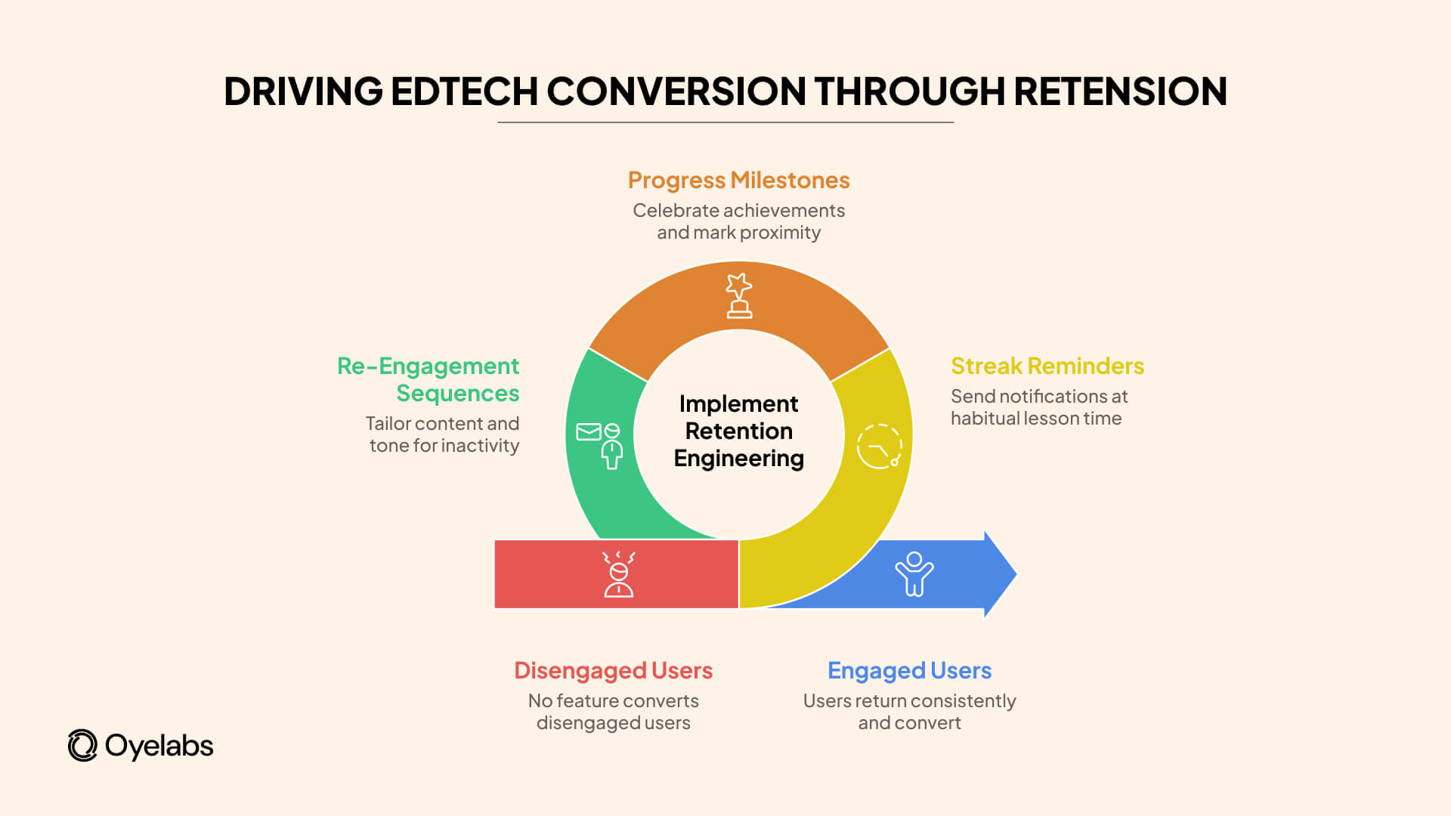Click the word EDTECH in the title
tap(463, 91)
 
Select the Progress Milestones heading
tap(738, 181)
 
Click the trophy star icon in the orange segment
tap(738, 295)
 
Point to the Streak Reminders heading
tap(1047, 366)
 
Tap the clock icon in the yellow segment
tap(879, 447)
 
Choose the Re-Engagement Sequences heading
tap(428, 380)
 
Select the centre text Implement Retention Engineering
tap(738, 431)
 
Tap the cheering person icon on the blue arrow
tap(914, 574)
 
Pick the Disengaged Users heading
tap(613, 671)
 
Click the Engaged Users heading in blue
tap(909, 671)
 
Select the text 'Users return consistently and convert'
tap(909, 712)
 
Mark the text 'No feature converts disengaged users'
tap(613, 712)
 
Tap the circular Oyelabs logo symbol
tap(82, 746)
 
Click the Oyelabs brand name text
tap(159, 746)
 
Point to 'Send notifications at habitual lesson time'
tap(1038, 407)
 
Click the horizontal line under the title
tap(725, 122)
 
